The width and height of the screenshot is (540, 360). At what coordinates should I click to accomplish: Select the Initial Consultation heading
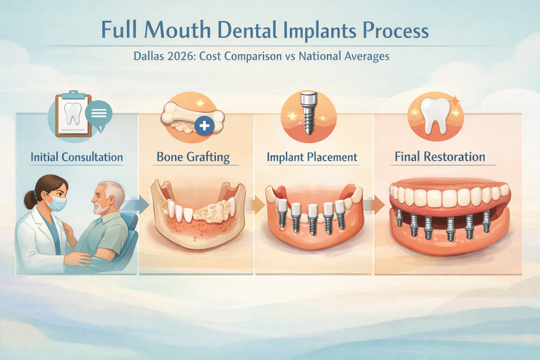tap(77, 157)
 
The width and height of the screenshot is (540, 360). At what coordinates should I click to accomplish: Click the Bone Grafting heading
tap(193, 157)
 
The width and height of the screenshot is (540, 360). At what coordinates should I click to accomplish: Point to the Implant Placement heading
tap(312, 157)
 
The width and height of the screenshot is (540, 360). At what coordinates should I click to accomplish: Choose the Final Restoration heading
tap(440, 156)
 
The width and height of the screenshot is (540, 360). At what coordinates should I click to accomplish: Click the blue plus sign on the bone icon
tap(204, 126)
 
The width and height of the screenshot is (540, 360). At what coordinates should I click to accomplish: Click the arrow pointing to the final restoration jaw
tap(377, 204)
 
